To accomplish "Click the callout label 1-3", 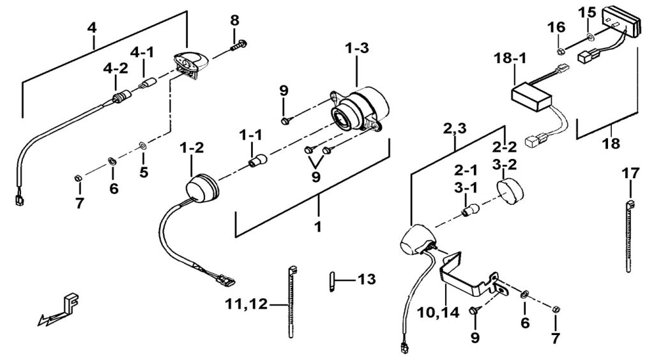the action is tap(356, 49).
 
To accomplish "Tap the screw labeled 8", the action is tap(239, 45).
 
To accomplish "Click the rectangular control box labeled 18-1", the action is tap(532, 96).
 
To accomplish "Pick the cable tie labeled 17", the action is tap(629, 236).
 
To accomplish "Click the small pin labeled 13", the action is tap(331, 281).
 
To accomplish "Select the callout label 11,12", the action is tap(246, 304).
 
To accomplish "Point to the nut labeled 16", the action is tap(561, 52).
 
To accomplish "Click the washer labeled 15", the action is tap(589, 38).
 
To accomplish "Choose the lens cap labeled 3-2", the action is tap(510, 191).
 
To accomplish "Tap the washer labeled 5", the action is tap(142, 146).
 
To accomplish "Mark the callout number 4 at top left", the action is tap(92, 28).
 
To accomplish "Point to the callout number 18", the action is tap(611, 144).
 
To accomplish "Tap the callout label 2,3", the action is tap(455, 130).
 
